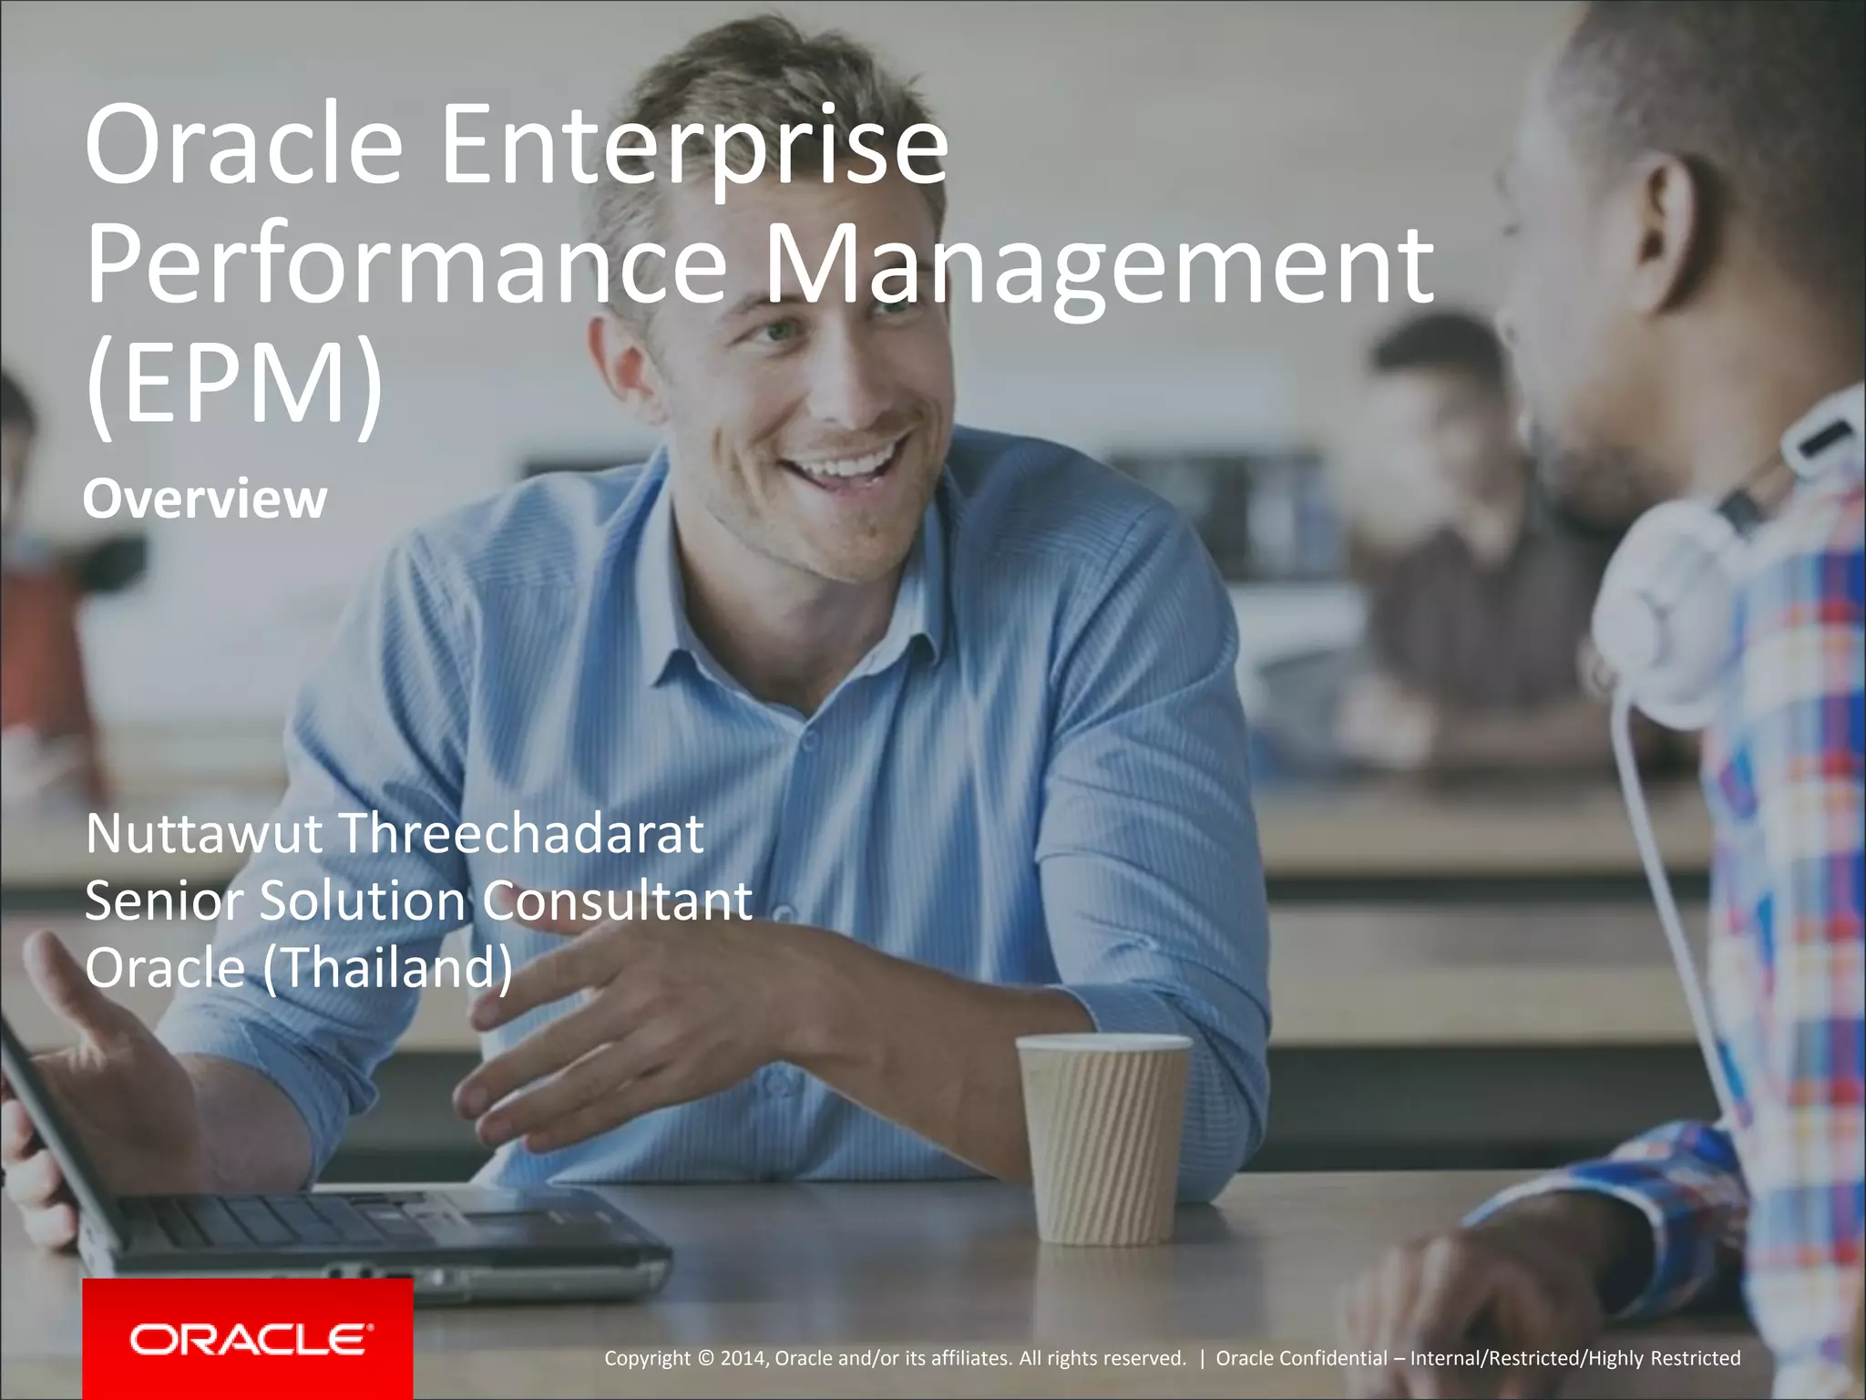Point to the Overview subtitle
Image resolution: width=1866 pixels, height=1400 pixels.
point(205,499)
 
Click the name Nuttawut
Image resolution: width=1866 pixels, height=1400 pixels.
point(203,833)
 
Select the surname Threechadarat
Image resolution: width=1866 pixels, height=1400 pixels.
point(521,833)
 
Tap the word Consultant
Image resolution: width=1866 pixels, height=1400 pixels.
point(617,901)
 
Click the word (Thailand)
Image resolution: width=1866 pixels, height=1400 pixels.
point(387,967)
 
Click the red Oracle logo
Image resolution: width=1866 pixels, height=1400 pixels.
point(248,1338)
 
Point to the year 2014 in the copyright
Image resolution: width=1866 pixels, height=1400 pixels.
point(743,1358)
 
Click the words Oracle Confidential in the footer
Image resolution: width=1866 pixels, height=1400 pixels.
point(1301,1358)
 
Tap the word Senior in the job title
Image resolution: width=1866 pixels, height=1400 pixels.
point(165,901)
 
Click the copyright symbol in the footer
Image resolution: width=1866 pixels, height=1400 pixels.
point(705,1358)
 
